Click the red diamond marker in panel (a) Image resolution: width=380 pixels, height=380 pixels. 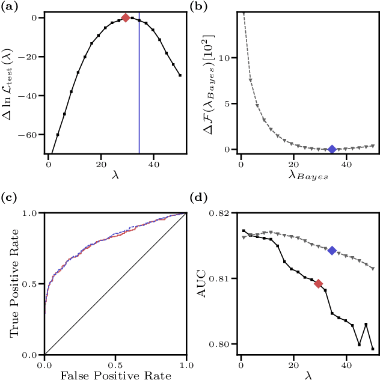[x=126, y=18]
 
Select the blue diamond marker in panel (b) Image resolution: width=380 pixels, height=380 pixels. [x=332, y=149]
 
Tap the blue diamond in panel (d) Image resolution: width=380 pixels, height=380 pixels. [x=332, y=250]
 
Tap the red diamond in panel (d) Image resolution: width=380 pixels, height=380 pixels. [x=319, y=284]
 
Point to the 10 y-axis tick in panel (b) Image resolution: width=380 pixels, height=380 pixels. [x=226, y=58]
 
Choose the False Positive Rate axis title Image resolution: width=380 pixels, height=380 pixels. [x=115, y=375]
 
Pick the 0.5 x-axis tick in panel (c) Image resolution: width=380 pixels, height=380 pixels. [x=115, y=364]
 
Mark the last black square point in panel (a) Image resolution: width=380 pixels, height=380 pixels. [x=180, y=76]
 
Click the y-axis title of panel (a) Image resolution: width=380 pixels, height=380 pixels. [x=11, y=84]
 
